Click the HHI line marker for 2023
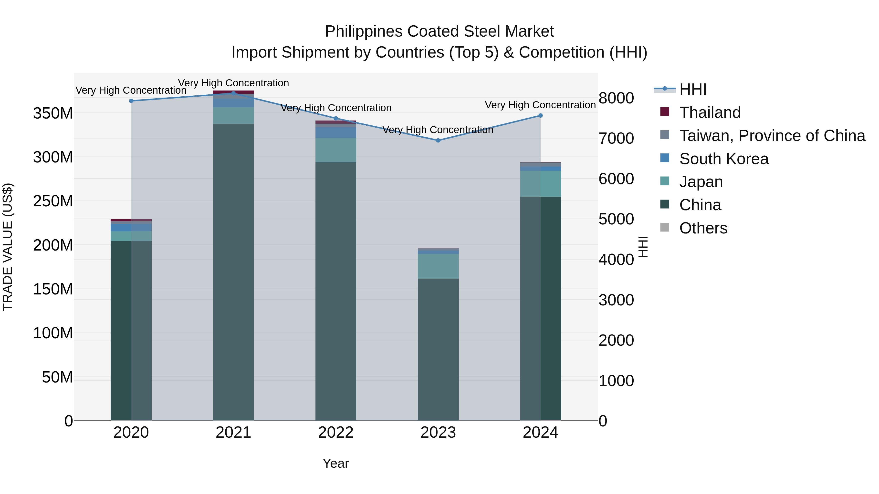click(x=438, y=141)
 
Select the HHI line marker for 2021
click(x=233, y=93)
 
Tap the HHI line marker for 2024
click(x=541, y=116)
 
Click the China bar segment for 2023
click(x=438, y=349)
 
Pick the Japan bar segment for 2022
click(x=336, y=150)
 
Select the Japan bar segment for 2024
click(x=541, y=184)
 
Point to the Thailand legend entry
click(x=710, y=112)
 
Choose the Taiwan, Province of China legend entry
click(x=772, y=136)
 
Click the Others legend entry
click(x=703, y=228)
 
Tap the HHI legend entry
click(x=693, y=89)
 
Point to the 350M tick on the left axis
click(x=53, y=113)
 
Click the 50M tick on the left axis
click(x=57, y=377)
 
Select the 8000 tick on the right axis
click(x=616, y=98)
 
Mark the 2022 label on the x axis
click(x=336, y=433)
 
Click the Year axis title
click(x=336, y=463)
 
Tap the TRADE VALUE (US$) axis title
click(x=8, y=247)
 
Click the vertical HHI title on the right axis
click(x=643, y=247)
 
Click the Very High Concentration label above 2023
click(x=438, y=130)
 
